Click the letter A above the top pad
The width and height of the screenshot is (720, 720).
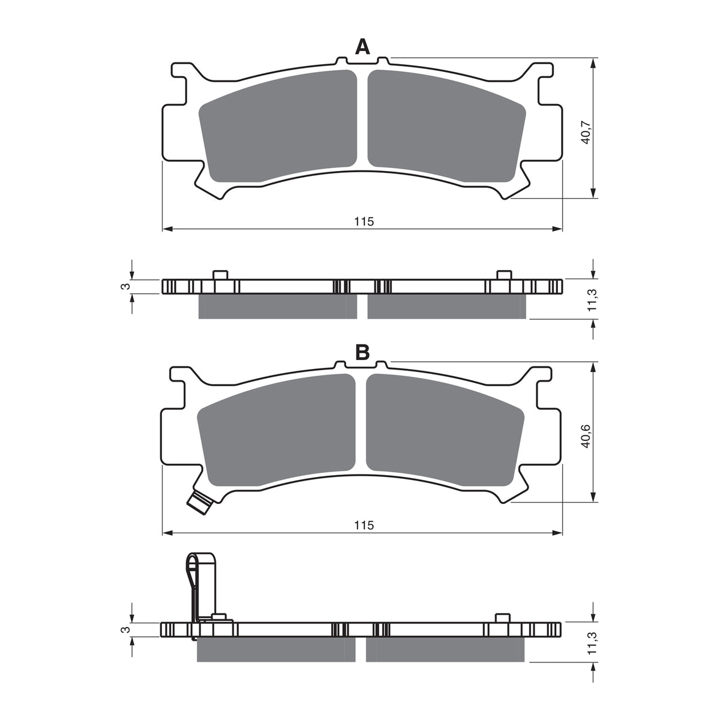tap(362, 46)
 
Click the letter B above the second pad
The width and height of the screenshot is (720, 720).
tap(362, 353)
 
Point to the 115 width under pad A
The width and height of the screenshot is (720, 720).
tap(363, 221)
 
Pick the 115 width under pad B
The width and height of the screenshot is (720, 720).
tap(363, 526)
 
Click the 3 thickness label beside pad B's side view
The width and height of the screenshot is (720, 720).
tap(125, 629)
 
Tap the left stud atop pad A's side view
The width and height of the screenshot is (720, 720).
tap(220, 275)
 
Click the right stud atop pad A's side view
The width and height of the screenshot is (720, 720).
tap(503, 275)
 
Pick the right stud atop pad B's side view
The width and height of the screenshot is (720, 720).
tap(502, 618)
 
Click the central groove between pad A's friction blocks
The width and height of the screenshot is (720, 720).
tap(362, 120)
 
